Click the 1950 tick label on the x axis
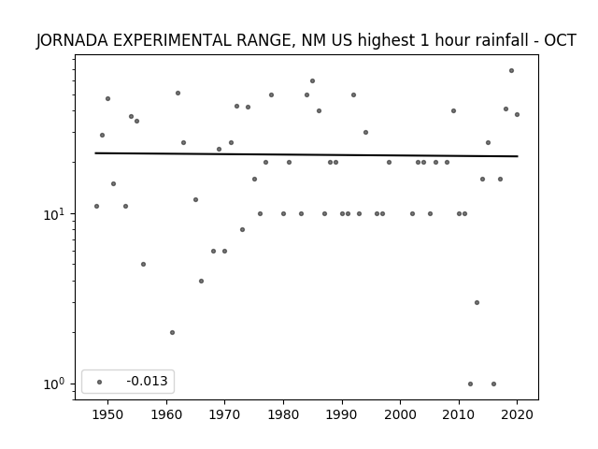tap(108, 414)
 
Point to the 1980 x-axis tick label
tap(283, 414)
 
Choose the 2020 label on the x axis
tap(517, 414)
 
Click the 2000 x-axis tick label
tap(401, 414)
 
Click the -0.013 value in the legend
tap(147, 381)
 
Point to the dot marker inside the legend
tap(100, 382)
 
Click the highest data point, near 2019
tap(511, 71)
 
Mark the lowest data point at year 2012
tap(470, 384)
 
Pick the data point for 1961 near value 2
tap(172, 333)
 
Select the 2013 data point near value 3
tap(477, 303)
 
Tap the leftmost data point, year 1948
tap(96, 206)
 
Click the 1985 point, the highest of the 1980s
tap(312, 81)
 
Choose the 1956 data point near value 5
tap(143, 264)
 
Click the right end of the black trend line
tap(518, 156)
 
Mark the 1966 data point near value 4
tap(202, 281)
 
